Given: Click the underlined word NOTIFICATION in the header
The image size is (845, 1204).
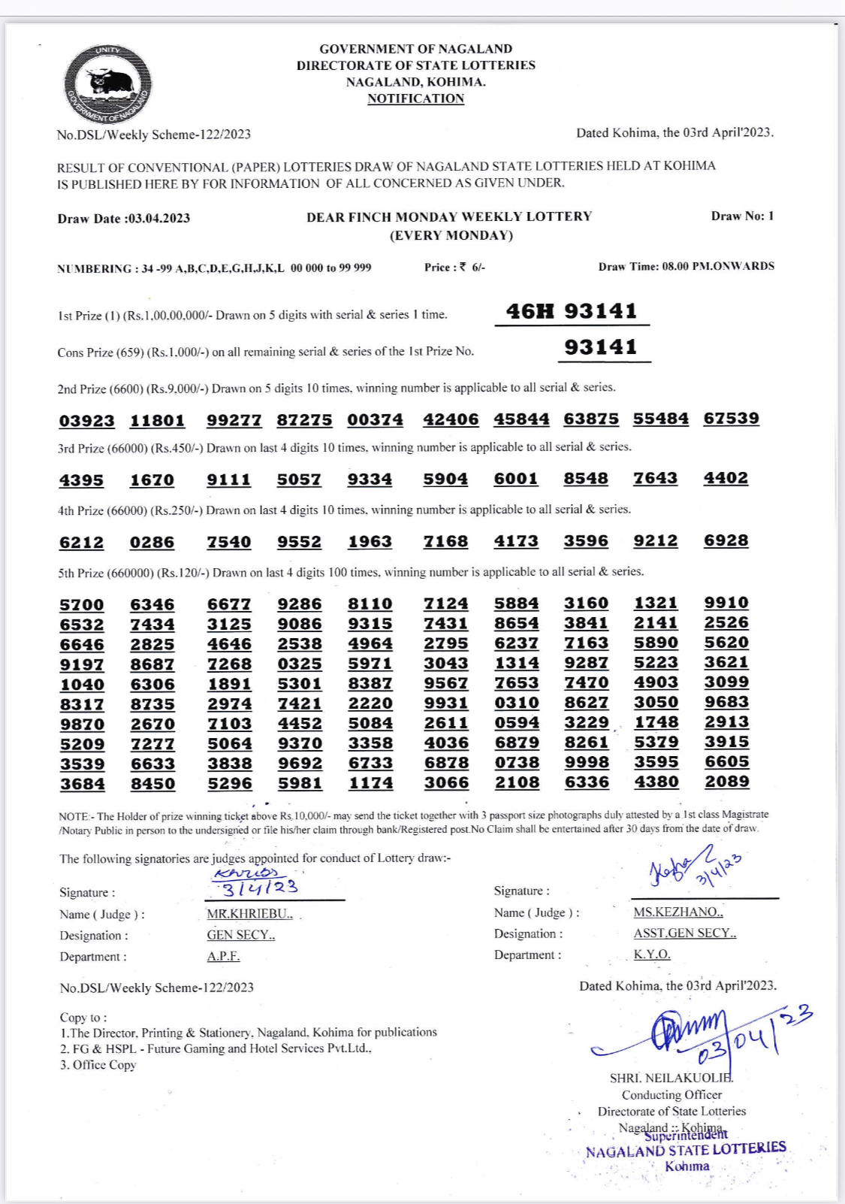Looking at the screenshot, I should click(x=415, y=98).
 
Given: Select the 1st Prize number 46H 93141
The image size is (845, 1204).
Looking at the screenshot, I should click(x=572, y=311).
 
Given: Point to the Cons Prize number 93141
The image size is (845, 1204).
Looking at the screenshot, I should click(x=601, y=347).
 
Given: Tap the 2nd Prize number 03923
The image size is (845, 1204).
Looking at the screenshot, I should click(x=87, y=421).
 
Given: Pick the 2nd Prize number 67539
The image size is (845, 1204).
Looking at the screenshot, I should click(x=731, y=419).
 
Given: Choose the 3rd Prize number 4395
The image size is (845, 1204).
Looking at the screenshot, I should click(x=82, y=480).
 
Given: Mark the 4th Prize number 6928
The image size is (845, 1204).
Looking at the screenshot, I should click(x=726, y=541).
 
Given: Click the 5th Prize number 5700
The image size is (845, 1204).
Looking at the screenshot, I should click(x=82, y=605).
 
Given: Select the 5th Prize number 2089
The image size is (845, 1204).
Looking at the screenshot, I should click(x=726, y=782).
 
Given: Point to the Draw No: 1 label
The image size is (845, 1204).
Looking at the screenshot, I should click(x=742, y=216).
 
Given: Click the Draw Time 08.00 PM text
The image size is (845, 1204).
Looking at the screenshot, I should click(x=686, y=266).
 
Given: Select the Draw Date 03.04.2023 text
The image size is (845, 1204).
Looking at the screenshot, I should click(x=124, y=219).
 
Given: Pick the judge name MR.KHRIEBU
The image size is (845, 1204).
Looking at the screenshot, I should click(x=249, y=914).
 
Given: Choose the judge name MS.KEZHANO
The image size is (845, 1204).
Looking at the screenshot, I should click(x=678, y=912).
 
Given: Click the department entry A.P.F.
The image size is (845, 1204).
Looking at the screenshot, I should click(x=223, y=956).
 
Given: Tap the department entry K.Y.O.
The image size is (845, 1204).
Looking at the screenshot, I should click(x=651, y=954).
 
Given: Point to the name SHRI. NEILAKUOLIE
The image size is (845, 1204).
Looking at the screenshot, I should click(x=671, y=1078).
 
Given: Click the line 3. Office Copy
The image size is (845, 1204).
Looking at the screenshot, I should click(x=98, y=1065).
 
